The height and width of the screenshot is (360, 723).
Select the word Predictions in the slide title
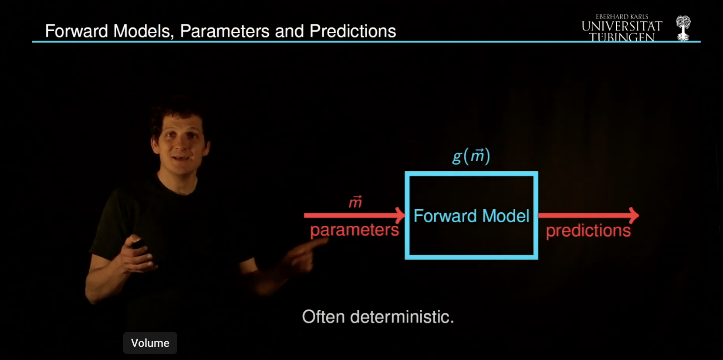click(x=353, y=31)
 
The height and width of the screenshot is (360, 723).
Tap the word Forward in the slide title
click(x=77, y=31)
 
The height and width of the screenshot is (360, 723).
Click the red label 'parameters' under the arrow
click(x=354, y=230)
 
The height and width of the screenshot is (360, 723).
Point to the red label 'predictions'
click(x=588, y=231)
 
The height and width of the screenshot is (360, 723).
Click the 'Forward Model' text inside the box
click(x=471, y=216)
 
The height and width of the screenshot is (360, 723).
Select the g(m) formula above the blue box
click(x=471, y=156)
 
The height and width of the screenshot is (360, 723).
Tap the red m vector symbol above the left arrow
click(x=355, y=202)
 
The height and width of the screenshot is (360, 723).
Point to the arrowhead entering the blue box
click(x=400, y=215)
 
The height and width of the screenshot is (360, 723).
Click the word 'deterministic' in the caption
click(x=401, y=317)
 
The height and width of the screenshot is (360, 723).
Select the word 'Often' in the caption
click(x=323, y=317)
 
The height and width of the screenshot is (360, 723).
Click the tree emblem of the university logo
click(x=683, y=28)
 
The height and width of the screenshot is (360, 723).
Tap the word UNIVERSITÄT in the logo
click(x=622, y=27)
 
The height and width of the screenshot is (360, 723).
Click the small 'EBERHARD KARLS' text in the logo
click(x=622, y=17)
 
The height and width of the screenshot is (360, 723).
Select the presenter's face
click(x=180, y=144)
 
